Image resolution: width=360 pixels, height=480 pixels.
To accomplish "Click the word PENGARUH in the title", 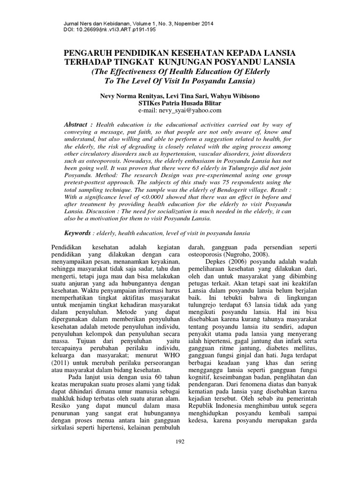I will point(90,53).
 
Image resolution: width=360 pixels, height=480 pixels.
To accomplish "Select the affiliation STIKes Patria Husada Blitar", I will point(180,103).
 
